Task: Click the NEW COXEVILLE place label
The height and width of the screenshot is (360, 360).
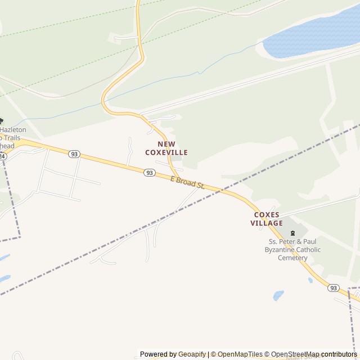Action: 166,148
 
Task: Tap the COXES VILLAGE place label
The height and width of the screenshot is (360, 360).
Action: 267,219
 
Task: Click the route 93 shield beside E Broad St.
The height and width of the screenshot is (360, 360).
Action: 149,173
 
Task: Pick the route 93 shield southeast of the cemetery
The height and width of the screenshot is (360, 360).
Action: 334,288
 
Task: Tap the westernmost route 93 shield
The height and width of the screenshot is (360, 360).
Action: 74,154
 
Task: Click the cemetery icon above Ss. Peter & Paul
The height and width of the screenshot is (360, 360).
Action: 291,233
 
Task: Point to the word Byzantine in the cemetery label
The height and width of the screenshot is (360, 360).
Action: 281,250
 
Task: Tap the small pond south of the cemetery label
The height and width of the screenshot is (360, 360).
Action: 278,295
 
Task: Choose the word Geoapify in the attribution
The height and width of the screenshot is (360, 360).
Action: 192,354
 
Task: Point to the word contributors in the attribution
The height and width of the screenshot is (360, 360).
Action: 339,354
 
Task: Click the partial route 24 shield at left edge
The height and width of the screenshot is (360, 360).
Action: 3,156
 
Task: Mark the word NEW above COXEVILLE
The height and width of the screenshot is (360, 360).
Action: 166,144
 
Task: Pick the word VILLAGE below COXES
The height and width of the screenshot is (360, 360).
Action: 267,223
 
